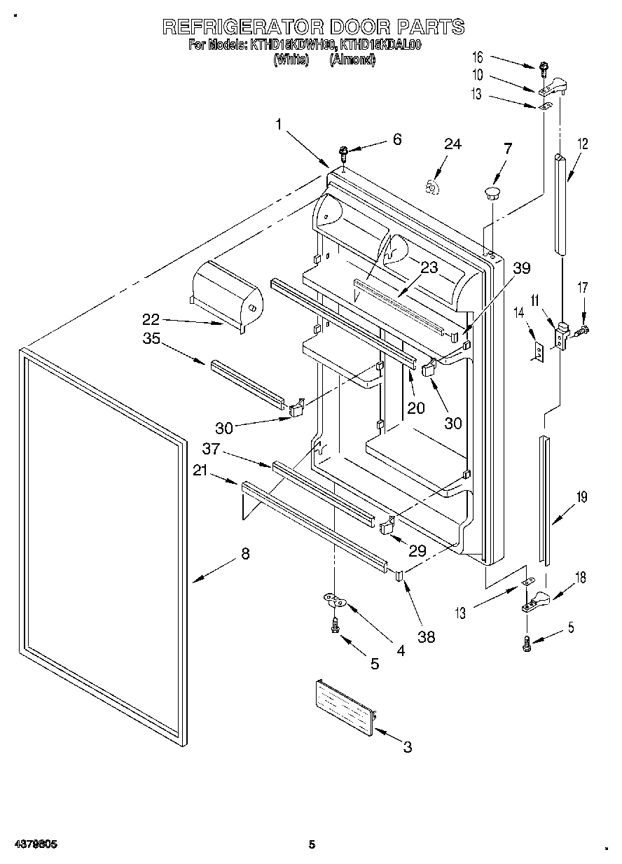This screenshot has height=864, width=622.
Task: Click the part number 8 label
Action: pyautogui.click(x=244, y=553)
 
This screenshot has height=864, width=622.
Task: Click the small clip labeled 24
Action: pyautogui.click(x=433, y=186)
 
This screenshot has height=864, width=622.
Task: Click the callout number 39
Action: pyautogui.click(x=522, y=268)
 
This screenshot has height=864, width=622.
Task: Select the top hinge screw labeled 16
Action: pyautogui.click(x=543, y=70)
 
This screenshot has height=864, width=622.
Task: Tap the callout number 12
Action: pyautogui.click(x=583, y=144)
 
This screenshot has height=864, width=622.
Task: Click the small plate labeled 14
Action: pyautogui.click(x=537, y=351)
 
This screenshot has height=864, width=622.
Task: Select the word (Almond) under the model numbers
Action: pyautogui.click(x=352, y=60)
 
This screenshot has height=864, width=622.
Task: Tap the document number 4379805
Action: pyautogui.click(x=34, y=844)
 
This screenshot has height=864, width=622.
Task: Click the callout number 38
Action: pyautogui.click(x=426, y=636)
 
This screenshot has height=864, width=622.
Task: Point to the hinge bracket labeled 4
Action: pyautogui.click(x=335, y=599)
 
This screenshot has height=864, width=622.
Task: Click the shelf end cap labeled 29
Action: pyautogui.click(x=386, y=526)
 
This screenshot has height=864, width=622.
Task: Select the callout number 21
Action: pyautogui.click(x=201, y=473)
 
